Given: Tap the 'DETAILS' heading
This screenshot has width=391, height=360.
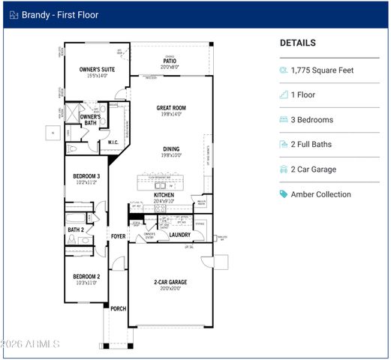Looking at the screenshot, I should pos(297,43).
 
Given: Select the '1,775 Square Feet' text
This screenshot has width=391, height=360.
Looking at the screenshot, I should pos(322,70).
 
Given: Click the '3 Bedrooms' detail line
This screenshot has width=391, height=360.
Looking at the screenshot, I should pos(311,120).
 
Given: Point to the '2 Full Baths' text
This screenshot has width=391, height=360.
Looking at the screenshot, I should pos(311,145).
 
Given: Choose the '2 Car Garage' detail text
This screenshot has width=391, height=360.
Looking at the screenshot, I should pos(313,169).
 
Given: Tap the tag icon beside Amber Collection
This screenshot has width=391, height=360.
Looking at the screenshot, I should pos(284,194).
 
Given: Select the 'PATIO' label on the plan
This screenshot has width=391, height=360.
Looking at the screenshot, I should pos(170,61).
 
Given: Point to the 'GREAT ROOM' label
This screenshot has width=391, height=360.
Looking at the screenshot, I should pos(171,108).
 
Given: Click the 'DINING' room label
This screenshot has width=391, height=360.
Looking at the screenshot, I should pos(170,149).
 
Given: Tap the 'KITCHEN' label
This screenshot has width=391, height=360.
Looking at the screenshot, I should pos(164,194).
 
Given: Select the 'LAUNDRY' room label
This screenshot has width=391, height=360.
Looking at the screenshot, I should pos(179,235).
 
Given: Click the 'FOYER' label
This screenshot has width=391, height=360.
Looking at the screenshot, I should pos(119,235).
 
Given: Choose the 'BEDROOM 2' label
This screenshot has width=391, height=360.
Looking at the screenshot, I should pos(86,276).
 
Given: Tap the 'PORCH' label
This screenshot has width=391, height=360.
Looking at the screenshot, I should pos(118,307).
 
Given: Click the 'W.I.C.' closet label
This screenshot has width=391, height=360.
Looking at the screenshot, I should pos(113,142).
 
